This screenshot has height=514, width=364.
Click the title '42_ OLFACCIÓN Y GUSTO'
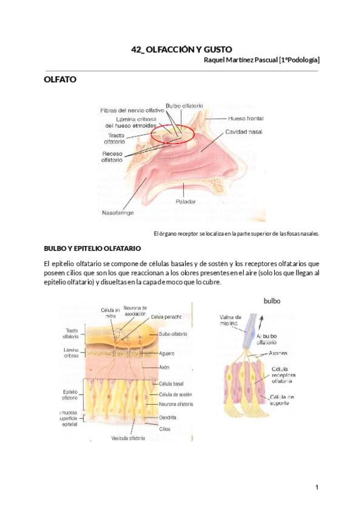[x=182, y=49]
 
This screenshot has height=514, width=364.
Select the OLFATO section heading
[x=60, y=79]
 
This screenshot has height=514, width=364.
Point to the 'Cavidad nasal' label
[x=244, y=131]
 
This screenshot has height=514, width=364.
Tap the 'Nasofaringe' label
[x=118, y=213]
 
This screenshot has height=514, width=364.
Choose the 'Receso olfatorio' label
[x=113, y=156]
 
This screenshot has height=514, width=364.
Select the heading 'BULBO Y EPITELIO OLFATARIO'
[x=93, y=249]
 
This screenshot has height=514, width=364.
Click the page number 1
[x=317, y=487]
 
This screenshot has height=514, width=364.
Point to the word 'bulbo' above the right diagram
[x=272, y=300]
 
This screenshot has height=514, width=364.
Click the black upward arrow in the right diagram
[x=261, y=321]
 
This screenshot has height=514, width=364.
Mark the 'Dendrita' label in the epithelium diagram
[x=169, y=417]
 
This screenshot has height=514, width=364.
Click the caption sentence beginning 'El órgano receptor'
[x=237, y=233]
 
